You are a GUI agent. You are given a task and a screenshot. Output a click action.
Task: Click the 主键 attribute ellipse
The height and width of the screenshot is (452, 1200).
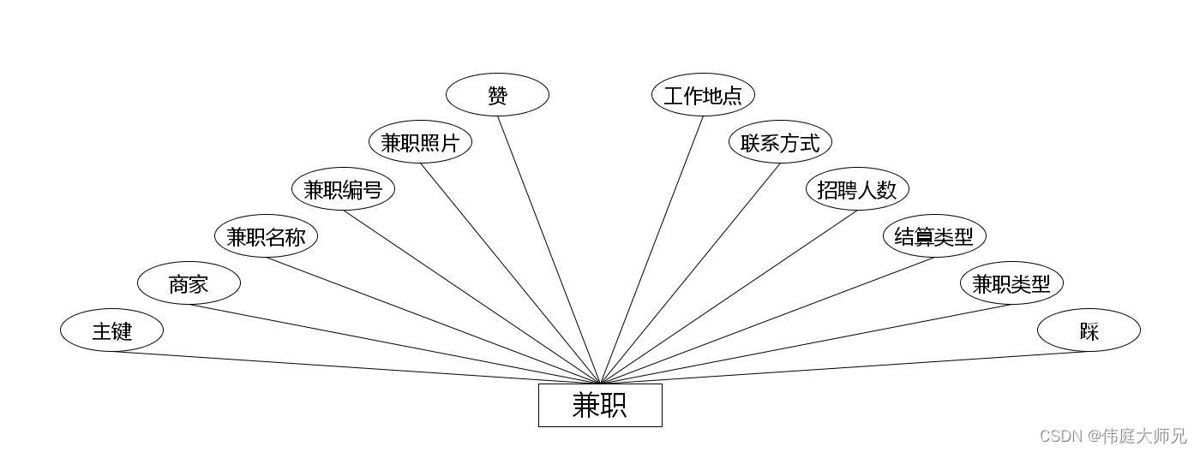[111, 330]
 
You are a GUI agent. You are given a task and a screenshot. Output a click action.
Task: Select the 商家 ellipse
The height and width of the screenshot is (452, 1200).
[189, 283]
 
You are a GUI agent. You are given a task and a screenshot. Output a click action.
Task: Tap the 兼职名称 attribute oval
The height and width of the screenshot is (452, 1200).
[266, 236]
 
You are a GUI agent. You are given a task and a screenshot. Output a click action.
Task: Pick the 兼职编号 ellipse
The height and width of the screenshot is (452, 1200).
[343, 189]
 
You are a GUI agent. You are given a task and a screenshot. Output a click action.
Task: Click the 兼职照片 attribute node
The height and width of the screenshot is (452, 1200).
[420, 142]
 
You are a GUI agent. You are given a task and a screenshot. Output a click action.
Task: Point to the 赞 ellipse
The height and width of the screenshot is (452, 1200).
[497, 95]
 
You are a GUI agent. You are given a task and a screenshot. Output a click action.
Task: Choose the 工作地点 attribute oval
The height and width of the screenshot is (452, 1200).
[703, 95]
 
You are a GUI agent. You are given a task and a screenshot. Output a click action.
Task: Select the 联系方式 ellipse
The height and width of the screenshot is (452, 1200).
[780, 142]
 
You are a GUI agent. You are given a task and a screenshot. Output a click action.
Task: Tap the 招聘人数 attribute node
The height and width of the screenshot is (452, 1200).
[857, 189]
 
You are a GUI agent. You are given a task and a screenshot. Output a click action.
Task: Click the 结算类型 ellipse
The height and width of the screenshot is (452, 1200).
[934, 236]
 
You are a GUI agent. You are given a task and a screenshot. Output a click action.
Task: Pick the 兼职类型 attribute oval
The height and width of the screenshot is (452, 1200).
[1011, 283]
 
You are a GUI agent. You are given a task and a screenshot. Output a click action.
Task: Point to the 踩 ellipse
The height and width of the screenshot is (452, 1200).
[1089, 330]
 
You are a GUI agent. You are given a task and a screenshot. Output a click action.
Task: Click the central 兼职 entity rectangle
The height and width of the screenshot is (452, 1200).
[600, 405]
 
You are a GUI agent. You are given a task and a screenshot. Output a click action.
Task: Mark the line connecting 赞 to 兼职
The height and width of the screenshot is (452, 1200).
[549, 249]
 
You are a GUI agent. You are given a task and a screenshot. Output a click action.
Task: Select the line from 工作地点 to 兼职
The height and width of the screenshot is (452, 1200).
[651, 249]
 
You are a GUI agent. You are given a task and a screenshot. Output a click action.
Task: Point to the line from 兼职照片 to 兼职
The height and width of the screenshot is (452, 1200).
[510, 273]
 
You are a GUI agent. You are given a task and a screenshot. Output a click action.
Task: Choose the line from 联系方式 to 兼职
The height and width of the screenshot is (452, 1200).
[690, 273]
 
